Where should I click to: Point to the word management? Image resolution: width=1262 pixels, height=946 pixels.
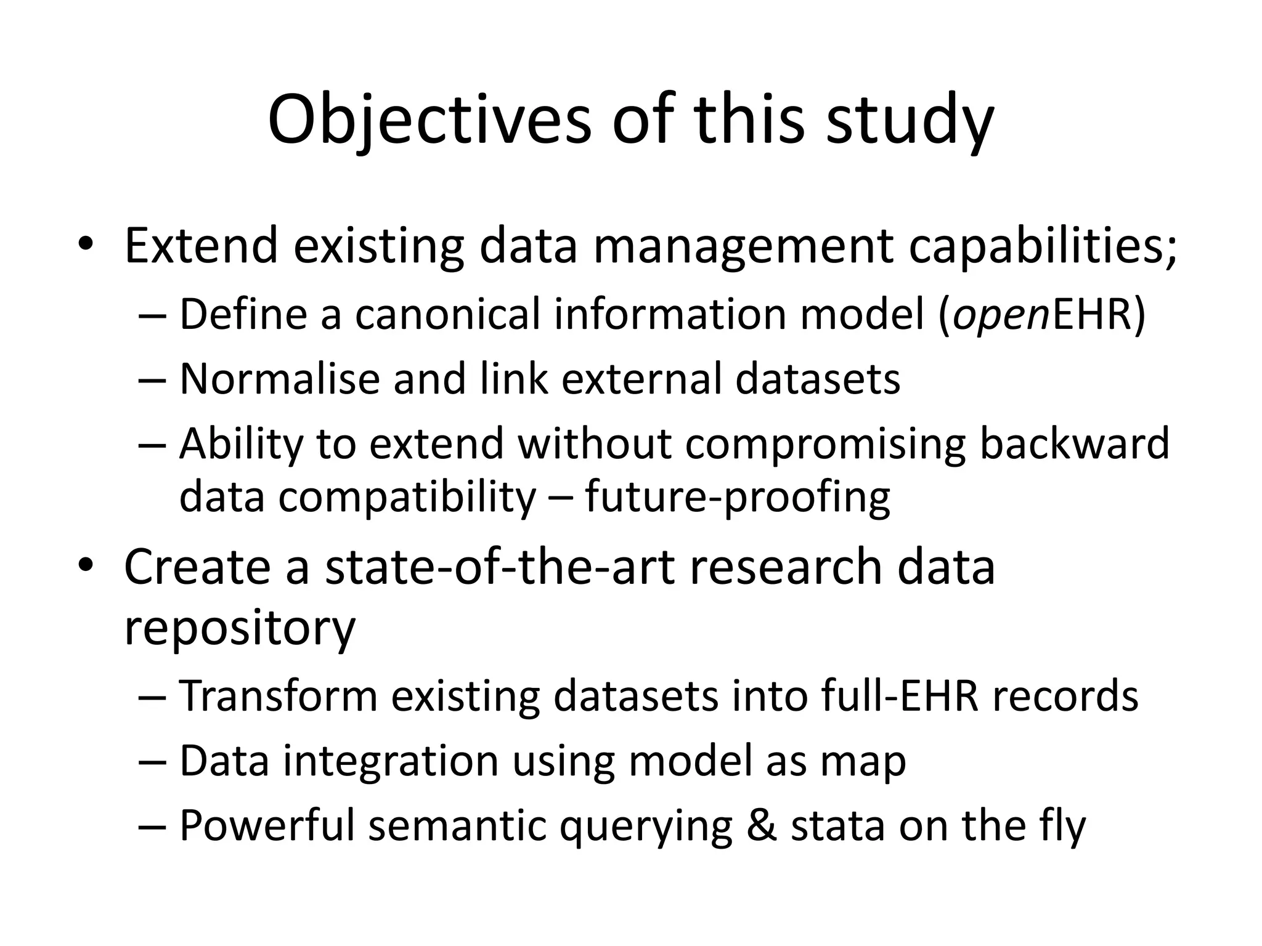click(743, 246)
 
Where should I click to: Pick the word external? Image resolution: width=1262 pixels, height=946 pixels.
click(641, 378)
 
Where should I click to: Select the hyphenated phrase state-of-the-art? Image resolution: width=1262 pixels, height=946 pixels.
click(500, 567)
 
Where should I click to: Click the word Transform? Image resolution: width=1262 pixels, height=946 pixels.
click(278, 696)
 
